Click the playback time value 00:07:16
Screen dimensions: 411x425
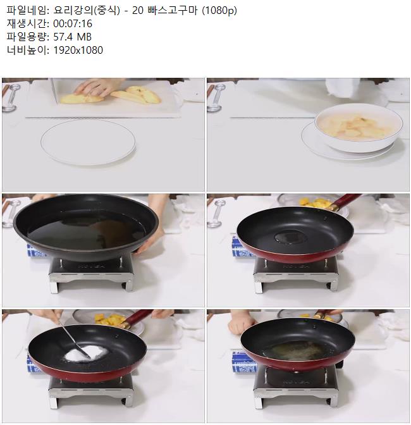pyautogui.click(x=73, y=23)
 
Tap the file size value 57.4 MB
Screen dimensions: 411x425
pyautogui.click(x=72, y=37)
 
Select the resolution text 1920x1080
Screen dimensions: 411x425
pyautogui.click(x=78, y=50)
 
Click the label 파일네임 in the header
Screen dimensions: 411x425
pyautogui.click(x=27, y=10)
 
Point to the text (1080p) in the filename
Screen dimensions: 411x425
pyautogui.click(x=219, y=11)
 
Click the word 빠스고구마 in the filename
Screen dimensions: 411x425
pyautogui.click(x=173, y=10)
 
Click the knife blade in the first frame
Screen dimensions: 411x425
pyautogui.click(x=55, y=91)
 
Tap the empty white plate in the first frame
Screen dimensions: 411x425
pyautogui.click(x=88, y=142)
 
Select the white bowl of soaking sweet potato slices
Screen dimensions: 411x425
pyautogui.click(x=359, y=127)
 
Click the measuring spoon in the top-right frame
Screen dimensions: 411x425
pyautogui.click(x=216, y=97)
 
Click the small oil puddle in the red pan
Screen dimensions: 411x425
pyautogui.click(x=290, y=237)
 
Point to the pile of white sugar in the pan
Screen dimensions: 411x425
pyautogui.click(x=87, y=353)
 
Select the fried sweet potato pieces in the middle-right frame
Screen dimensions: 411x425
pyautogui.click(x=316, y=203)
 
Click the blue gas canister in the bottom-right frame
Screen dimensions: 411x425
pyautogui.click(x=244, y=362)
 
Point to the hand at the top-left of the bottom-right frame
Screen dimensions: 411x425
pyautogui.click(x=241, y=322)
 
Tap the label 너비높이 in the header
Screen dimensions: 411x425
pyautogui.click(x=27, y=50)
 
